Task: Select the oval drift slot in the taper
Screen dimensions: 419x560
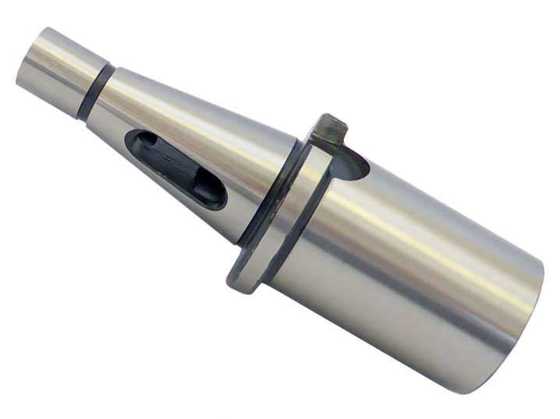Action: point(175,169)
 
